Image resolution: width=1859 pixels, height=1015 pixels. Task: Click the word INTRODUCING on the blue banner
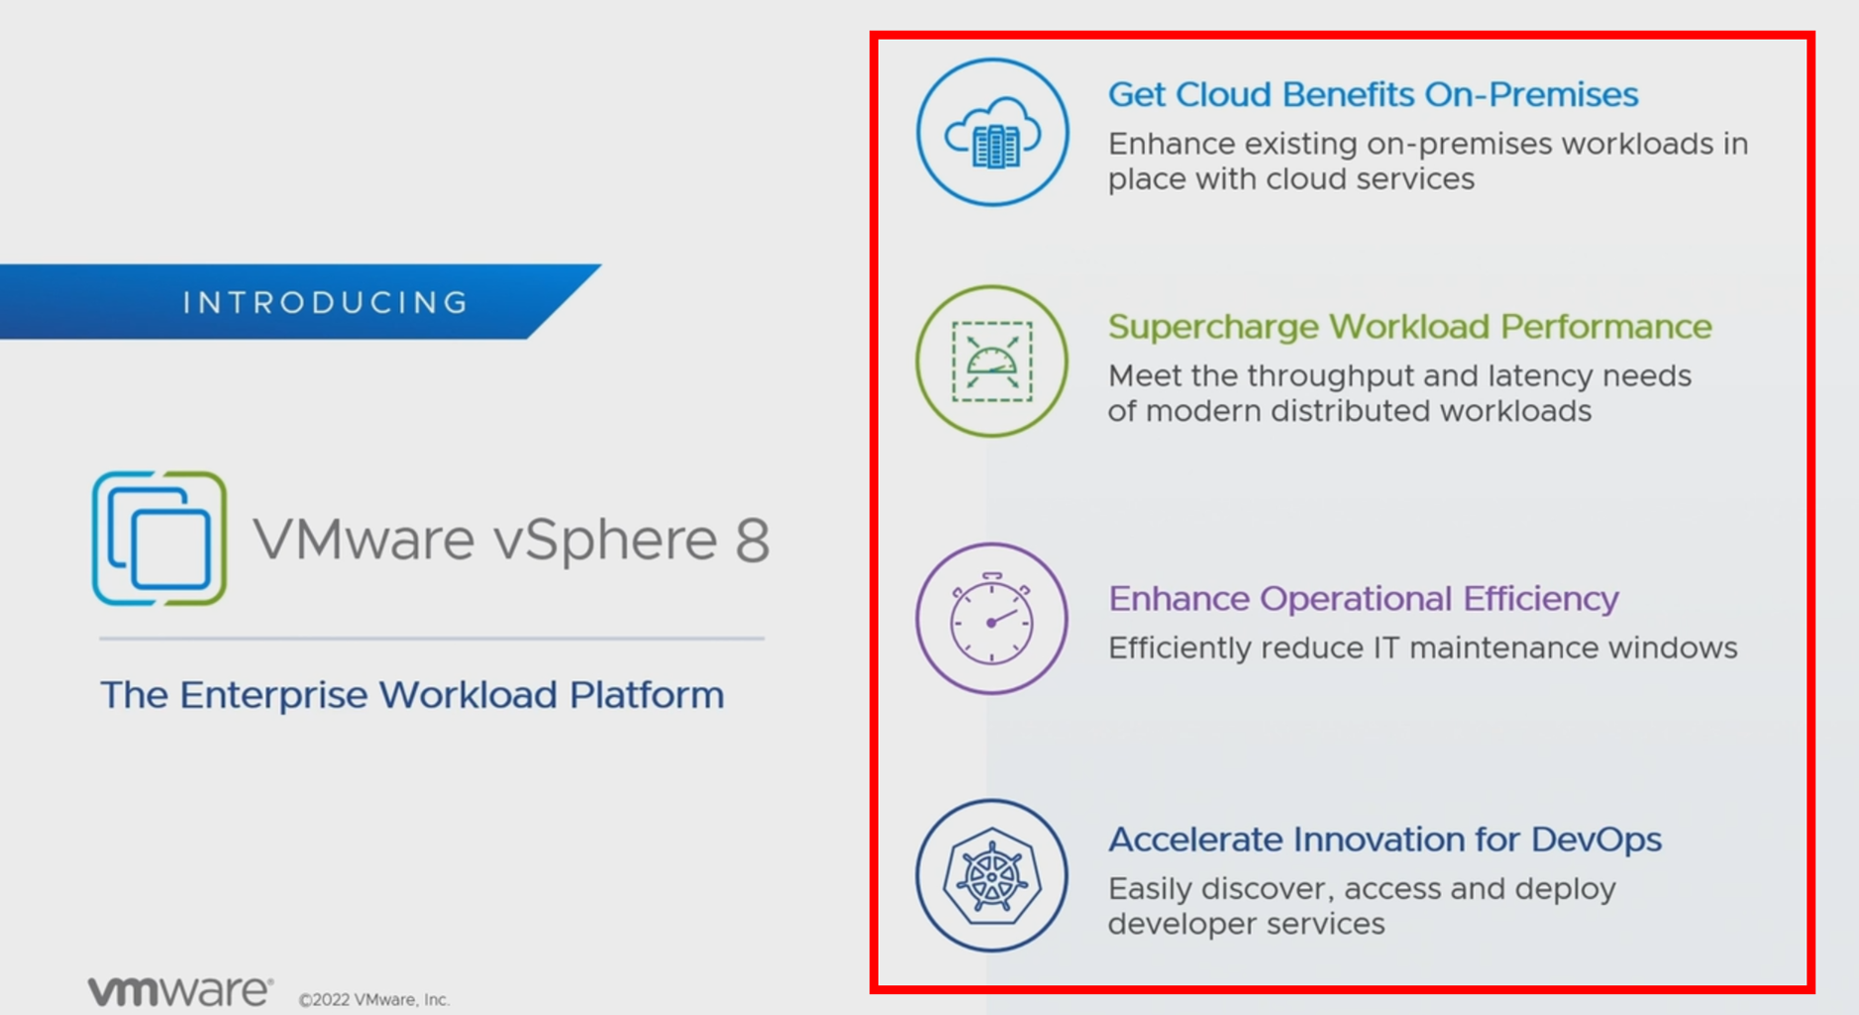point(325,302)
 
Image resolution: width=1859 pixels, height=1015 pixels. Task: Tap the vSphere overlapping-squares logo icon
point(159,538)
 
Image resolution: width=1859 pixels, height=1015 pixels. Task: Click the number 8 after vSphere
point(752,540)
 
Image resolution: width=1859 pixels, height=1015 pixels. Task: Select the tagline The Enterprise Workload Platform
point(412,695)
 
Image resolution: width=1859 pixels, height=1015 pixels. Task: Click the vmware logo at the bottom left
point(180,991)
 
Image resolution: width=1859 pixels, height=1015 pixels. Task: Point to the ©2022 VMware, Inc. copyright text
point(374,999)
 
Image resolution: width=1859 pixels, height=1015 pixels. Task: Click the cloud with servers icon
point(992,133)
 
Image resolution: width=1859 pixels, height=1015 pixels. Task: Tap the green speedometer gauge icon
point(992,361)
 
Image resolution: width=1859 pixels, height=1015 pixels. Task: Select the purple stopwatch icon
point(992,619)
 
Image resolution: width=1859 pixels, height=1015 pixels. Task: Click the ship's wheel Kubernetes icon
point(992,876)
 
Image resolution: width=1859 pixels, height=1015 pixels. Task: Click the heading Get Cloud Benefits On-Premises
point(1373,95)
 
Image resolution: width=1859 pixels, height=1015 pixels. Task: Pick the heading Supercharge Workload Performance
point(1409,327)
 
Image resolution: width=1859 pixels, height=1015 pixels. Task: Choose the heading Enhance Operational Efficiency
point(1364,599)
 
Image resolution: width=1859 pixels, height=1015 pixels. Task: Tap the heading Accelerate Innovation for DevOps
point(1385,840)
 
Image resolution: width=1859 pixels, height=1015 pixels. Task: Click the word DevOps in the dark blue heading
point(1597,840)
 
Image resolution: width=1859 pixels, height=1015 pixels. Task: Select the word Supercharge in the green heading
point(1213,327)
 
